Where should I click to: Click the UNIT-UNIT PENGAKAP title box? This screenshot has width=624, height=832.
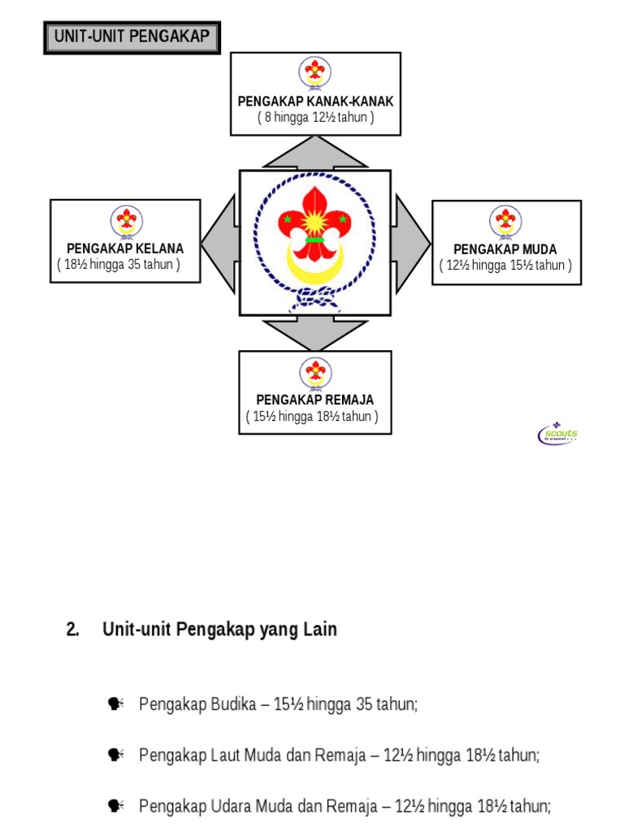tap(132, 37)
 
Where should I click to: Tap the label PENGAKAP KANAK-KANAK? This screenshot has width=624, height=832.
tap(315, 102)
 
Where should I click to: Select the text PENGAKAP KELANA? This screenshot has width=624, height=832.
tap(125, 249)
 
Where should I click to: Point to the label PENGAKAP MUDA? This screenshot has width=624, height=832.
tap(505, 249)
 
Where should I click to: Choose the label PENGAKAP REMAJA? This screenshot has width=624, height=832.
tap(315, 400)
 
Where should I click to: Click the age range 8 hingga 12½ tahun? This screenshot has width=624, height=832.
tap(315, 118)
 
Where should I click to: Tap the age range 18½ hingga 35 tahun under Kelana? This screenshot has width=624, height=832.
tap(119, 265)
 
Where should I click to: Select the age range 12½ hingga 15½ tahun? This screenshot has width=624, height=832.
tap(505, 266)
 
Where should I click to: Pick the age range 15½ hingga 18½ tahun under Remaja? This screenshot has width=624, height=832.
tap(313, 417)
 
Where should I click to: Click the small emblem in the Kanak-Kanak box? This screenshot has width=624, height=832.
tap(315, 72)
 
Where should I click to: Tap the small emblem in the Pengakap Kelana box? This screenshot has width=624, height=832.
tap(126, 220)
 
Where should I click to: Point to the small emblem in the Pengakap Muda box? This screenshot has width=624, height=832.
tap(505, 221)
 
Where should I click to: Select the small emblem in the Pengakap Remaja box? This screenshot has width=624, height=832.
tap(315, 372)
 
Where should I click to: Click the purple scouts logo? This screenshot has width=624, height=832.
tap(557, 434)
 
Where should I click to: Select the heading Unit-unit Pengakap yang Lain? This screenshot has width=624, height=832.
tap(219, 630)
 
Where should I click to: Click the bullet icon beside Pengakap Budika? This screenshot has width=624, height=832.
tap(115, 704)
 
